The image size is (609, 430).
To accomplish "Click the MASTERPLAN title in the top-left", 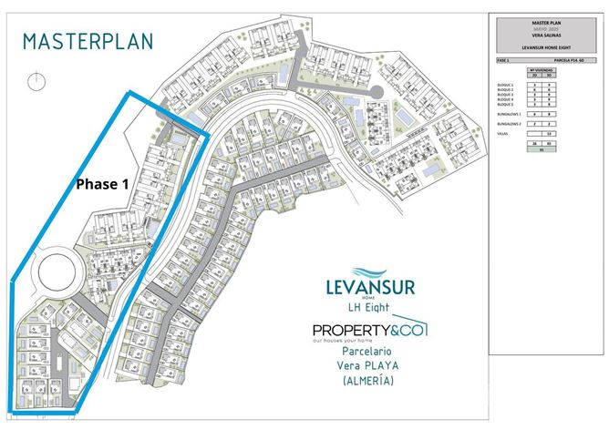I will coord(88,41).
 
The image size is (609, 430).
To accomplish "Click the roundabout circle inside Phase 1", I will coord(55,271).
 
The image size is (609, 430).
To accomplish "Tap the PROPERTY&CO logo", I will coord(369,329).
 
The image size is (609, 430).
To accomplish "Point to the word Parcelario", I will coord(369,351).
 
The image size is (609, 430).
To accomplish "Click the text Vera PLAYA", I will coord(369,366).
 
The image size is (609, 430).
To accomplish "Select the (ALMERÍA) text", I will coord(369,382).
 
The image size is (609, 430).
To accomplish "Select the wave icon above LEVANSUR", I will coord(370,271).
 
